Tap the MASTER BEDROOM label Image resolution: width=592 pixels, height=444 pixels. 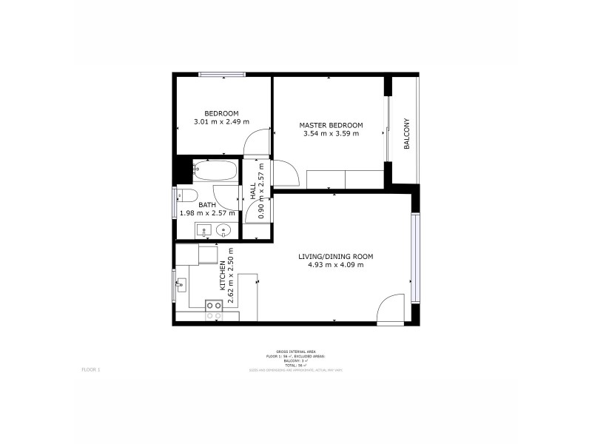click(331, 125)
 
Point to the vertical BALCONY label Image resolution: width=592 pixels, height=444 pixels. click(406, 134)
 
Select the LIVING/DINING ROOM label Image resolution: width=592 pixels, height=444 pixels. click(335, 257)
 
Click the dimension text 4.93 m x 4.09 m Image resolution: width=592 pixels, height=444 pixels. click(335, 265)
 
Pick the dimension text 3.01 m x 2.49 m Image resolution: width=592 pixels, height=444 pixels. click(221, 122)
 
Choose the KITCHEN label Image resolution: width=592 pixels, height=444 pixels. click(221, 275)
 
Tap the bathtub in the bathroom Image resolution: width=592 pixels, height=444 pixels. click(215, 172)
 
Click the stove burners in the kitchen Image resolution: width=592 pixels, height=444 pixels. click(214, 310)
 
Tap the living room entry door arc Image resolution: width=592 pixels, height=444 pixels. click(389, 309)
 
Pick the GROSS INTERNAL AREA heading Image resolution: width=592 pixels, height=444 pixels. click(295, 352)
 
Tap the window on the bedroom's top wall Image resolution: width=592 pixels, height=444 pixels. click(222, 73)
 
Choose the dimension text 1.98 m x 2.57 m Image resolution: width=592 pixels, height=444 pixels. click(207, 213)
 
